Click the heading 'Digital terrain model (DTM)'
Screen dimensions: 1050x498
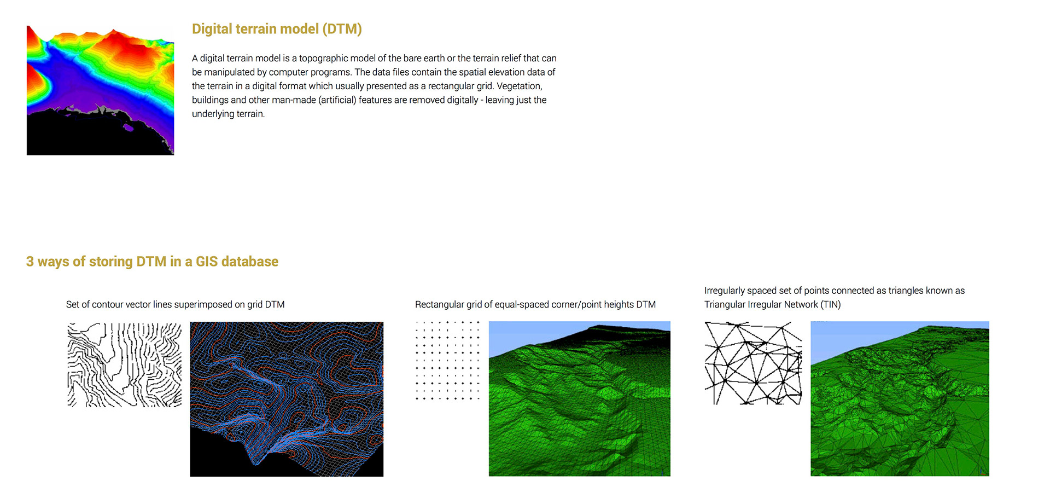tap(277, 29)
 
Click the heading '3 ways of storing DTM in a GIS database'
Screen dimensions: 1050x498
tap(152, 262)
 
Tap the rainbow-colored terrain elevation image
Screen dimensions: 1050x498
tap(101, 90)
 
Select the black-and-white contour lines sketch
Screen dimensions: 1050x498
tap(124, 364)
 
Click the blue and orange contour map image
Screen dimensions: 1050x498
tap(287, 399)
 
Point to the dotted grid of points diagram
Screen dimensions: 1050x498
tap(447, 361)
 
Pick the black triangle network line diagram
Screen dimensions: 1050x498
tap(753, 363)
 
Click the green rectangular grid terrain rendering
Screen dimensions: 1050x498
tap(580, 398)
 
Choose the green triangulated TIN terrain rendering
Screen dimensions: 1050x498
tap(900, 398)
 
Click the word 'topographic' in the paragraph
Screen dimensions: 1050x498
tap(323, 59)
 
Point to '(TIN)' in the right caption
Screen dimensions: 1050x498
tap(831, 305)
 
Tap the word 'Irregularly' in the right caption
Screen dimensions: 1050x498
tap(725, 291)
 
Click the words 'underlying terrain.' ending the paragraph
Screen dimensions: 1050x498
tap(229, 114)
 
